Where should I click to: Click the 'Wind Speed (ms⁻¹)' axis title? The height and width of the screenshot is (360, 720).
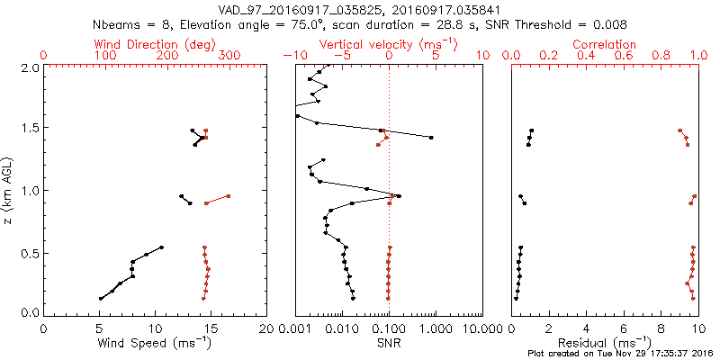point(155,343)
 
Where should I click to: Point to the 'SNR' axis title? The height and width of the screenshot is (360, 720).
point(389,343)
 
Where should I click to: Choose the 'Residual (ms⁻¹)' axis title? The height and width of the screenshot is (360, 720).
point(605,343)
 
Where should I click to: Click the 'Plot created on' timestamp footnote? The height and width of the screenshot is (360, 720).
point(620,354)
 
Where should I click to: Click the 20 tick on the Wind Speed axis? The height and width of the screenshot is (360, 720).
point(266,328)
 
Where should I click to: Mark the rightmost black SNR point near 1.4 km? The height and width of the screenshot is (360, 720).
point(431,138)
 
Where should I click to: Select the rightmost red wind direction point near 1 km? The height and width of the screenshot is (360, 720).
point(228,196)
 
